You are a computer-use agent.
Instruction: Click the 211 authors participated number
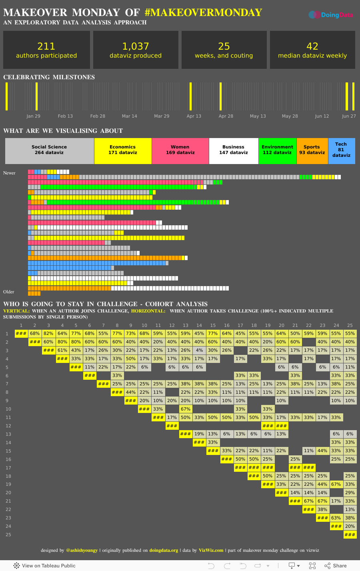(x=46, y=46)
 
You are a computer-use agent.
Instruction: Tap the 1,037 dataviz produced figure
(x=136, y=46)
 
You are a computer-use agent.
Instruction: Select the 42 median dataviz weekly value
(x=312, y=46)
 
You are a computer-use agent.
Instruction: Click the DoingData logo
(x=331, y=15)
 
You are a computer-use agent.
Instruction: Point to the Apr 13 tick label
(x=194, y=116)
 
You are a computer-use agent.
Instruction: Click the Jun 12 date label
(x=322, y=116)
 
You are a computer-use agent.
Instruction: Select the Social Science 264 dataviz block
(x=50, y=151)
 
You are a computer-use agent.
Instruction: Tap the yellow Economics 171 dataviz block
(x=123, y=151)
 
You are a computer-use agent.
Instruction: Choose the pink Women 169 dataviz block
(x=180, y=151)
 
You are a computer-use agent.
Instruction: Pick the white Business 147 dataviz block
(x=234, y=151)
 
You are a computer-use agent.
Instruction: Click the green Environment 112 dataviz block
(x=277, y=151)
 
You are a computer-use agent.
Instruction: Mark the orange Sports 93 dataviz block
(x=312, y=151)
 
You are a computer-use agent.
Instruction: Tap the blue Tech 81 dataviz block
(x=341, y=151)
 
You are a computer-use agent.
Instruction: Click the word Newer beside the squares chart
(x=9, y=173)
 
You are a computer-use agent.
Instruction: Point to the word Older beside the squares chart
(x=9, y=292)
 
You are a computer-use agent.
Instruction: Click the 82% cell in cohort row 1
(x=48, y=333)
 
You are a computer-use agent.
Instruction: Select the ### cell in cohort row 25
(x=350, y=535)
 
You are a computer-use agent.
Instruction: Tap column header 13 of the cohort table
(x=186, y=325)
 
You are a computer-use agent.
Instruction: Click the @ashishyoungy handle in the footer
(x=82, y=550)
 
